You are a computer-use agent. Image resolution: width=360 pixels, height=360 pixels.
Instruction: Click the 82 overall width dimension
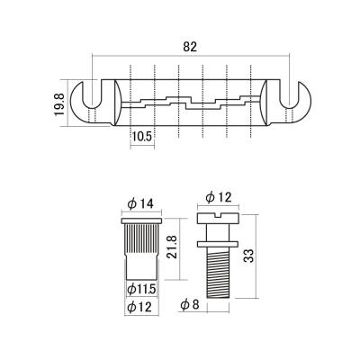[190, 47]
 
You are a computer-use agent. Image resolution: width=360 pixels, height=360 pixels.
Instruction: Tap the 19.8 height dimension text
[59, 104]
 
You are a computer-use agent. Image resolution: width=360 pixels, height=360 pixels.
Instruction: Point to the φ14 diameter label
[140, 203]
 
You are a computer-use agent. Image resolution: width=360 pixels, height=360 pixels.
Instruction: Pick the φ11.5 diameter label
[141, 290]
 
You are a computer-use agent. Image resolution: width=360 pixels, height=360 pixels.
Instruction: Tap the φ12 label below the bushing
[139, 307]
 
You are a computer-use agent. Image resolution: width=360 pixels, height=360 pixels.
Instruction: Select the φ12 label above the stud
[220, 197]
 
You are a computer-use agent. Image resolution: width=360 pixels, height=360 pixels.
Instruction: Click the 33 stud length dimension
[249, 256]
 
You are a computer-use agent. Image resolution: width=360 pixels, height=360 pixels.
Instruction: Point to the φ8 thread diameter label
[190, 305]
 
